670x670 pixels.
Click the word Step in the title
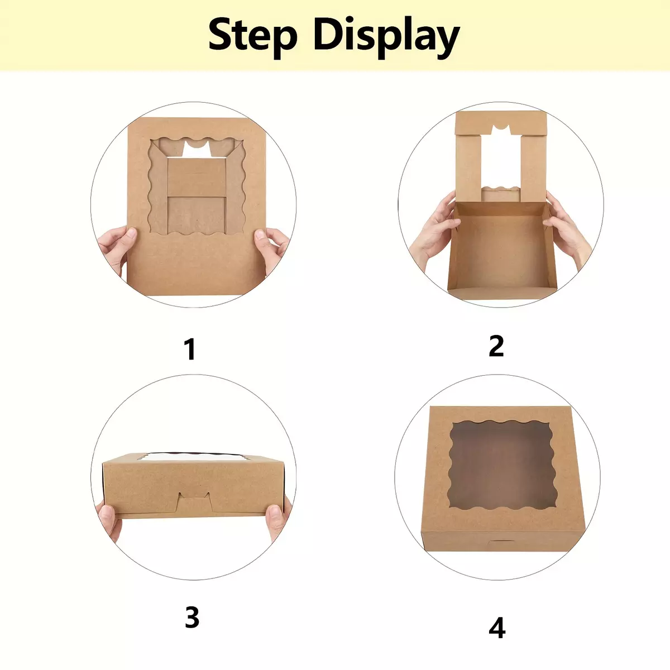[x=253, y=37]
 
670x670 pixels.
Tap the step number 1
[x=190, y=349]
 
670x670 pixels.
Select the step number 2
[x=496, y=346]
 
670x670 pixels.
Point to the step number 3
[x=192, y=617]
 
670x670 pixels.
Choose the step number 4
[x=497, y=628]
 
